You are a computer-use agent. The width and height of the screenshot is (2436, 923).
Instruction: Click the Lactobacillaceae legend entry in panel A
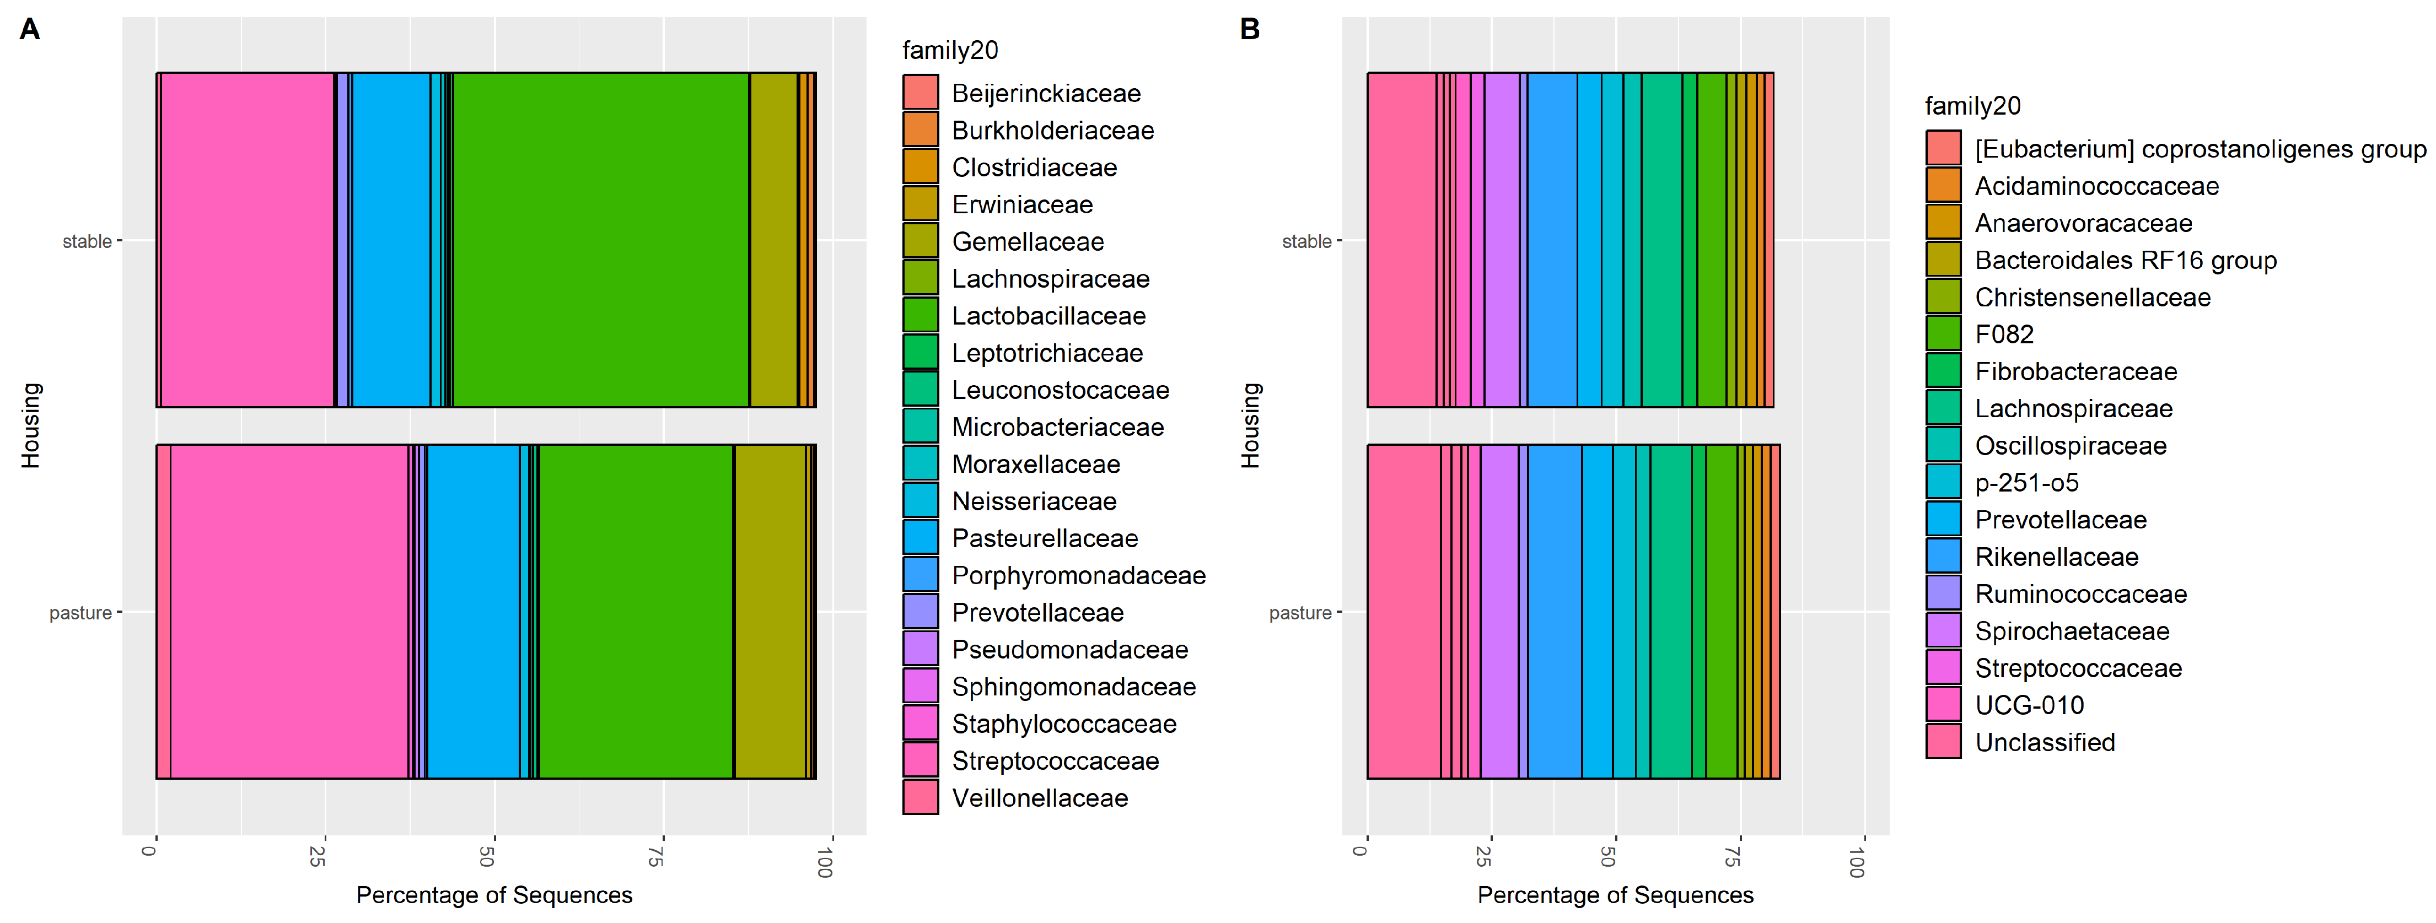(x=1048, y=316)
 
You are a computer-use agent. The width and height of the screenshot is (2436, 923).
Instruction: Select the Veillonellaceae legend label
(x=1039, y=798)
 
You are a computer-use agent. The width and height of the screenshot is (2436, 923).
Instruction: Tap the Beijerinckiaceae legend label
(x=1046, y=94)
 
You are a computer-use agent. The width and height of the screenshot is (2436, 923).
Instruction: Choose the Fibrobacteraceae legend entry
(x=2075, y=371)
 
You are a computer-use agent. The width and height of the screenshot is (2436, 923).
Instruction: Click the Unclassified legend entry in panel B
(x=2045, y=742)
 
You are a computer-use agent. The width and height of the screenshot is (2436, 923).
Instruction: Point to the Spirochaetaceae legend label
(x=2071, y=631)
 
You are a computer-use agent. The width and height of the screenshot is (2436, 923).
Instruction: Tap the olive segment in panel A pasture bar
(x=770, y=612)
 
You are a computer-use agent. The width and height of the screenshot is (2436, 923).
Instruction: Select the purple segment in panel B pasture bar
(x=1499, y=612)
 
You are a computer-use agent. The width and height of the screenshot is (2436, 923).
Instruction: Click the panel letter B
(x=1249, y=29)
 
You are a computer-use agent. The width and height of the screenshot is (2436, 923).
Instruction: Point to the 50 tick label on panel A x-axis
(x=487, y=857)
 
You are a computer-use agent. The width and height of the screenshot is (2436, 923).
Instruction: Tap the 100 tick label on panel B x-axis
(x=1856, y=861)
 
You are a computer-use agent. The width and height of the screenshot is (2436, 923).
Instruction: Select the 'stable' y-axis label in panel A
(x=87, y=242)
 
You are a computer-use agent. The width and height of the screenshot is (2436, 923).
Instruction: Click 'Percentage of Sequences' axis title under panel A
(x=493, y=895)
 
